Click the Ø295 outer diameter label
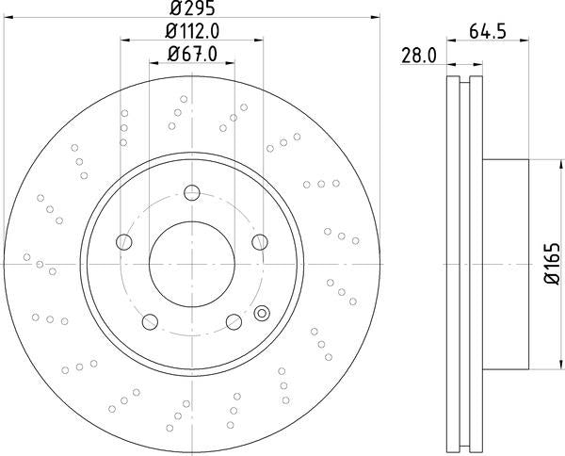tap(192, 8)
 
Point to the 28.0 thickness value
tap(418, 56)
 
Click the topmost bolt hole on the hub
tap(192, 194)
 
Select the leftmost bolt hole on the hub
tap(123, 243)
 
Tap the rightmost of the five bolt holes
tap(261, 243)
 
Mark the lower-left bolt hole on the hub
tap(150, 323)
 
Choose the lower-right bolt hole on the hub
tap(234, 323)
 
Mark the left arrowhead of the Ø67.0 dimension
tap(153, 63)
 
